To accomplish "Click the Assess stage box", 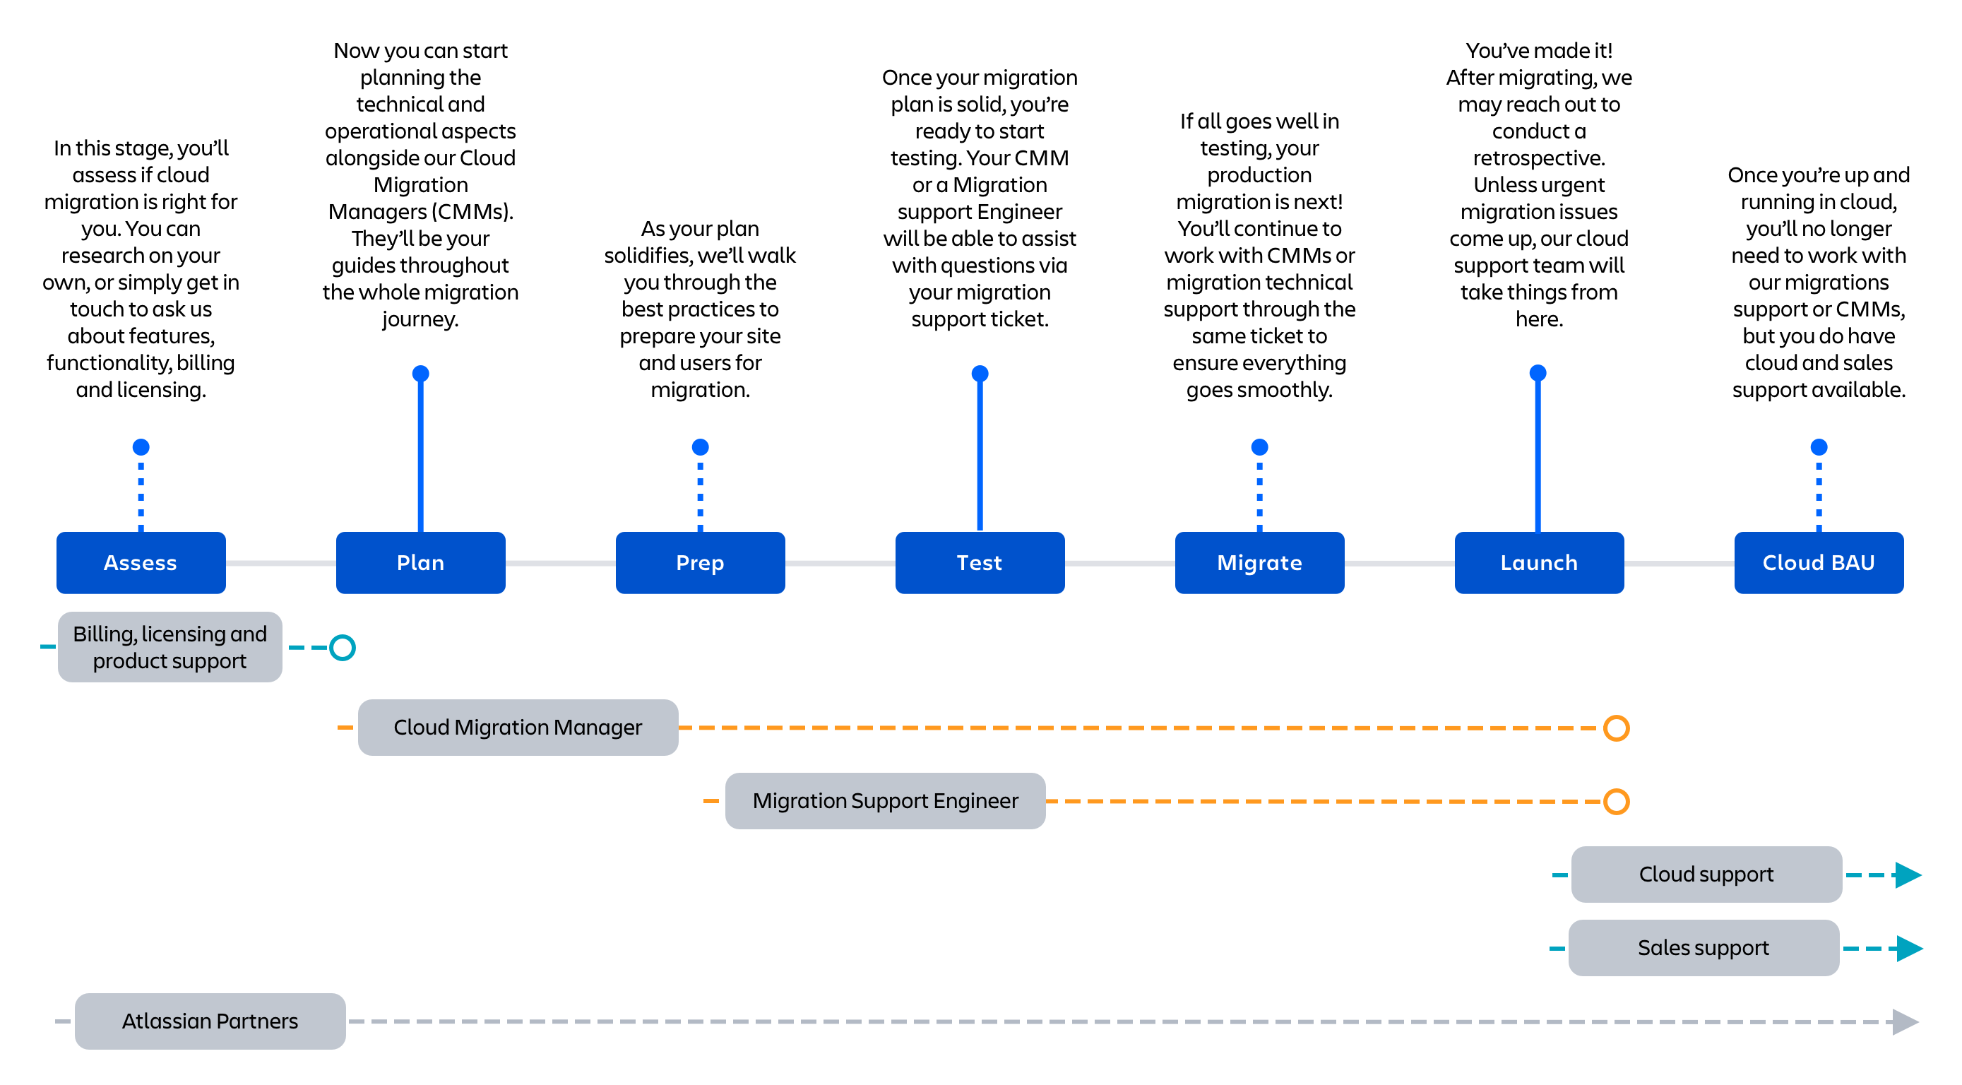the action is click(x=141, y=562).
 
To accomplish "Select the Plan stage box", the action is click(x=420, y=562).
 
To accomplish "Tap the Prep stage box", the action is click(x=700, y=562).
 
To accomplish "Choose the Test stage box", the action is click(x=980, y=562).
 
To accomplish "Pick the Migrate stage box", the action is click(x=1259, y=562).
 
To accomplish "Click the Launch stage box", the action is click(x=1538, y=562).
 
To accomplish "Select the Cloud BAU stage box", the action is click(x=1819, y=562).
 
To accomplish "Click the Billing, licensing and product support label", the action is click(x=170, y=647).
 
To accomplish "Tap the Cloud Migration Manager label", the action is click(x=518, y=728).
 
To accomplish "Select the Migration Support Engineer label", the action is click(x=885, y=801).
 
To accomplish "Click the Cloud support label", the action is click(x=1706, y=874).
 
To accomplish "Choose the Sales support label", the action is click(x=1704, y=948).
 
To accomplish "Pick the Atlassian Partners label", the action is click(x=210, y=1021).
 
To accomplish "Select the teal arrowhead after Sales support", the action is click(x=1910, y=949).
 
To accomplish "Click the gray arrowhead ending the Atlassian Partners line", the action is click(x=1905, y=1021).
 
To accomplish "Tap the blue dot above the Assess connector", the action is click(x=141, y=446).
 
